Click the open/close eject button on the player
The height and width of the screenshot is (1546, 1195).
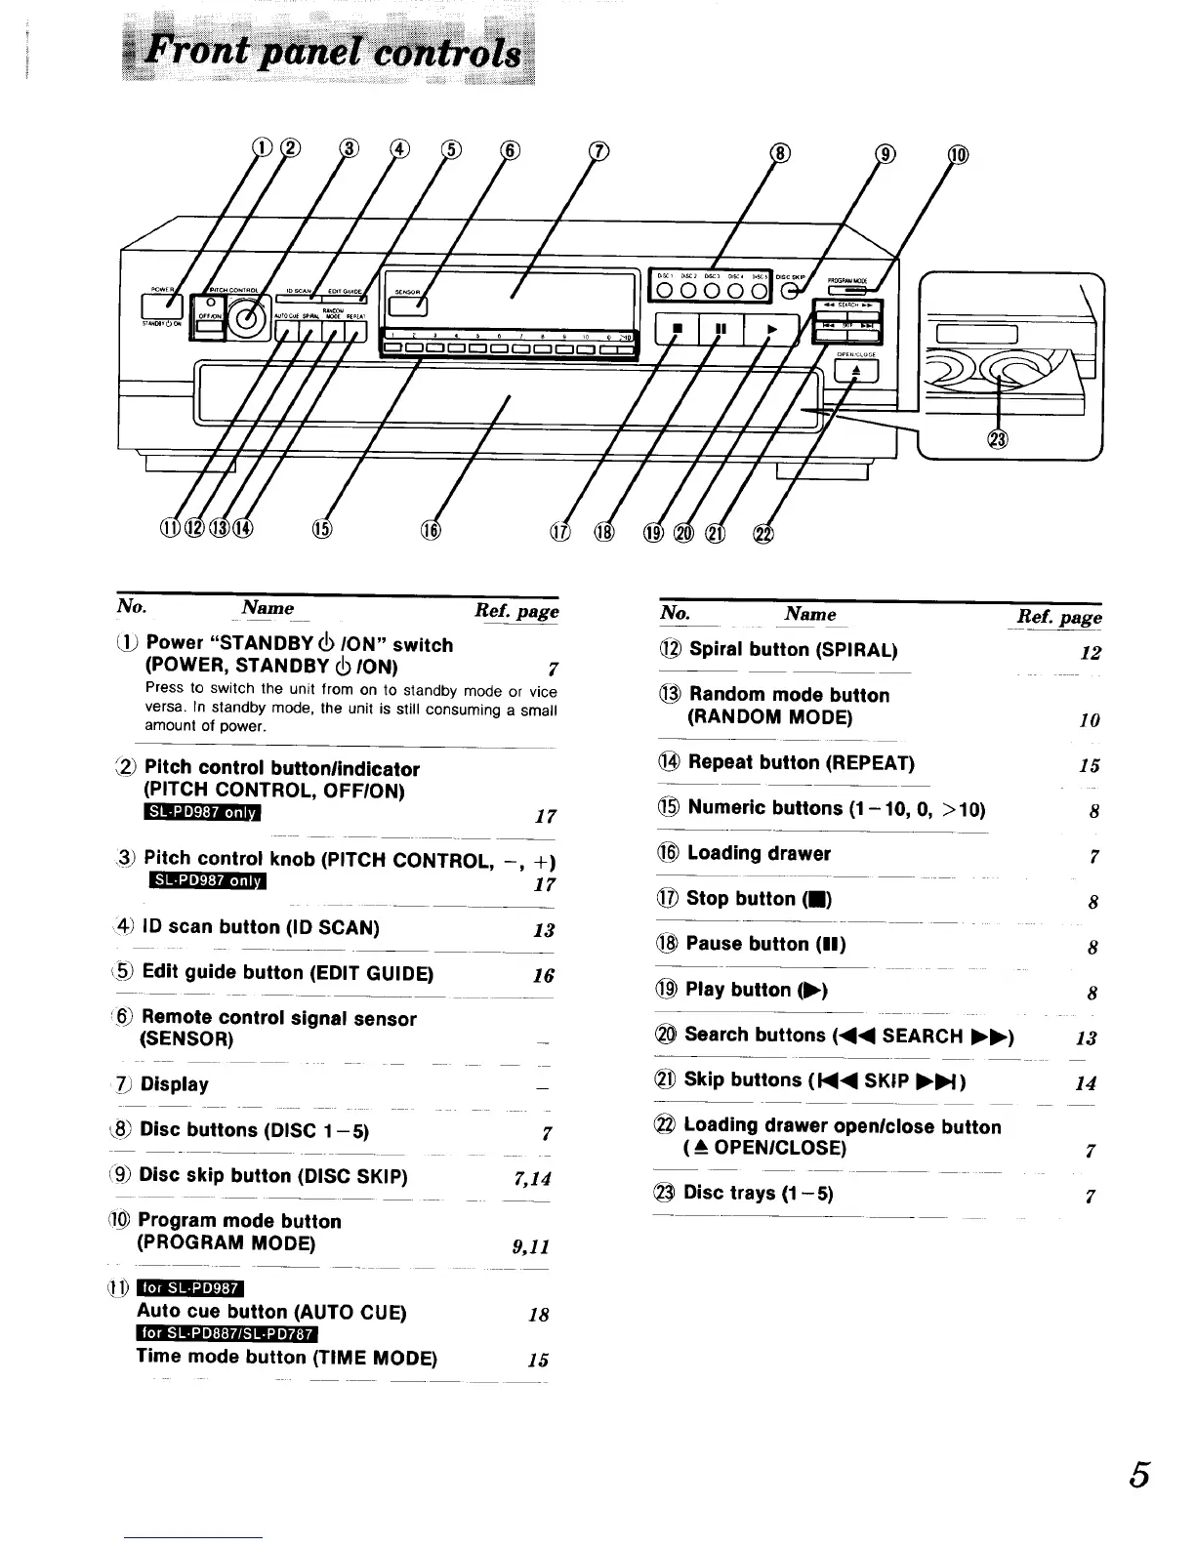[856, 370]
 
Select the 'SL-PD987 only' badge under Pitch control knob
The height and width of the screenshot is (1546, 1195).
[207, 883]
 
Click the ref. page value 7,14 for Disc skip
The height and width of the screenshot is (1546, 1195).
[531, 1178]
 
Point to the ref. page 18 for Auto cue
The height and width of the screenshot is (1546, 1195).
[538, 1315]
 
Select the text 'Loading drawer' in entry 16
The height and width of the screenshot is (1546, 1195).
[759, 853]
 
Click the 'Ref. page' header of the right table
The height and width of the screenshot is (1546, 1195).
[1059, 617]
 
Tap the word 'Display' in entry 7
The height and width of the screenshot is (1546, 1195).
[174, 1084]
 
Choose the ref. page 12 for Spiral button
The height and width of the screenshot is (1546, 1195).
[1090, 654]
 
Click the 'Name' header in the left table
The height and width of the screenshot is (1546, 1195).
[268, 607]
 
